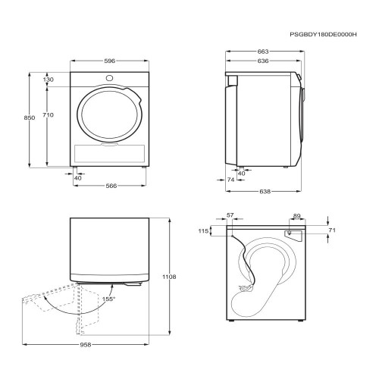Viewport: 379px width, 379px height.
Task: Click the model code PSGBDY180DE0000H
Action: tap(323, 35)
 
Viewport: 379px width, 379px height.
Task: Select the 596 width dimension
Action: tap(110, 61)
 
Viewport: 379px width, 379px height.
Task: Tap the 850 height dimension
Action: tap(30, 117)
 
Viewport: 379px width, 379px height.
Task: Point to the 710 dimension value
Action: tap(48, 115)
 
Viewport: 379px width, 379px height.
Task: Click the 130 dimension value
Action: tap(49, 80)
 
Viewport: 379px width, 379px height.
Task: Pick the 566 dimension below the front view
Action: tap(111, 186)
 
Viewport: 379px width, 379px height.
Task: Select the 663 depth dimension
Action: tap(263, 52)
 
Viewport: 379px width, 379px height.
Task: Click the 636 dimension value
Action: tap(263, 61)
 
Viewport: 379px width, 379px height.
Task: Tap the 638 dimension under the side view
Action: tap(265, 192)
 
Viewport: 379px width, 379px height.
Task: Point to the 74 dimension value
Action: tap(230, 180)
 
